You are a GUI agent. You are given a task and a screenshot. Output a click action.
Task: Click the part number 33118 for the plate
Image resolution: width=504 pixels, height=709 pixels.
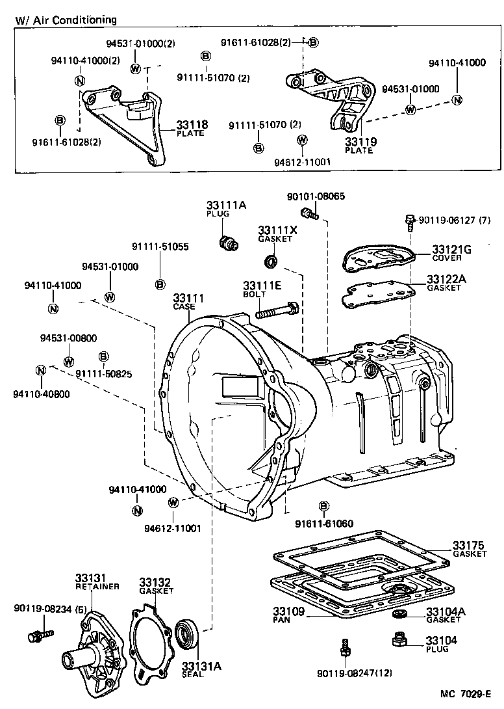190,124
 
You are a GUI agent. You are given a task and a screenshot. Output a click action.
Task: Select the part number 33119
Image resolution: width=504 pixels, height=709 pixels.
360,141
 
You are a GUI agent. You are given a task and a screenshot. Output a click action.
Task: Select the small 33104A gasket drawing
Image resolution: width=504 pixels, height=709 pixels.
399,615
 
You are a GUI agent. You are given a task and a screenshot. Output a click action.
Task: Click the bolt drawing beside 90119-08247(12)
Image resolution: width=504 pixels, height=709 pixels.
346,648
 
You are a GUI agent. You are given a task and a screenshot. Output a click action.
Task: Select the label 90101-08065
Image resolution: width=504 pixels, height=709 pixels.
307,196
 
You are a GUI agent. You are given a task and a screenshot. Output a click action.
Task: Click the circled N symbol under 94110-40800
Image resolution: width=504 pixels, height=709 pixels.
40,371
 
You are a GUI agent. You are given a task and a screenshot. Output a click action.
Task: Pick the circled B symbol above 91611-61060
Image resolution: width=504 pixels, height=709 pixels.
323,506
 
